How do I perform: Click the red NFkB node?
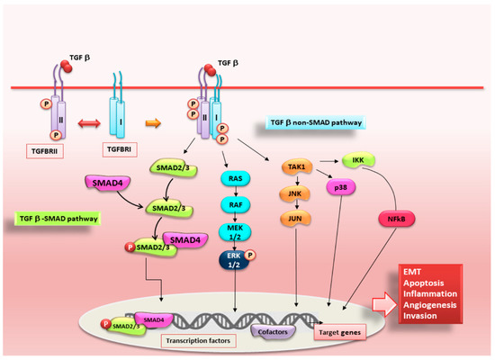pyautogui.click(x=394, y=218)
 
